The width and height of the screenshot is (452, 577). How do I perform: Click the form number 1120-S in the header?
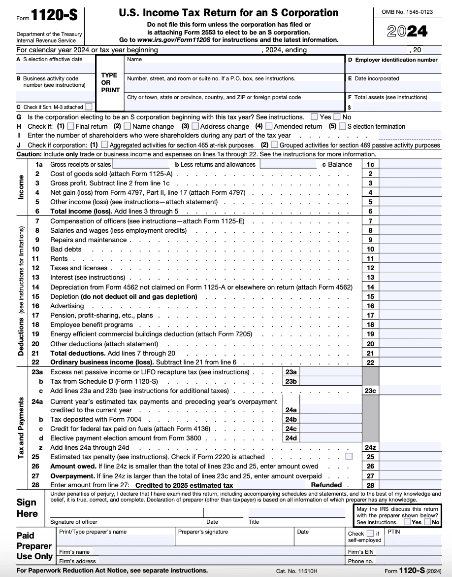55,15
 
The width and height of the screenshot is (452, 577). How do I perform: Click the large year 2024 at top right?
407,32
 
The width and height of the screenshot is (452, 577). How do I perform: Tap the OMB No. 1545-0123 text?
407,12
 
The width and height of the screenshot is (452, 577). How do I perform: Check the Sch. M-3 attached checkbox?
88,107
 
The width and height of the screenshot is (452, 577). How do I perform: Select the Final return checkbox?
70,126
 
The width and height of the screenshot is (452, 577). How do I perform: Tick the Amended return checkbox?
268,126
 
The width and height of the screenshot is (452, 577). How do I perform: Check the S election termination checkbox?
342,126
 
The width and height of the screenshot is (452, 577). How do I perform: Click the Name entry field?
234,68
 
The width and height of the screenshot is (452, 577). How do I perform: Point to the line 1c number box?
370,164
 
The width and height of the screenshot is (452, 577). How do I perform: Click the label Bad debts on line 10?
65,249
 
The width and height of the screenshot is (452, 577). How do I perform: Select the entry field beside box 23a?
330,372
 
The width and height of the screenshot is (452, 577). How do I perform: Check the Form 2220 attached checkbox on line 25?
349,457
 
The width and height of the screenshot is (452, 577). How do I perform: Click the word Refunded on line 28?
326,485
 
